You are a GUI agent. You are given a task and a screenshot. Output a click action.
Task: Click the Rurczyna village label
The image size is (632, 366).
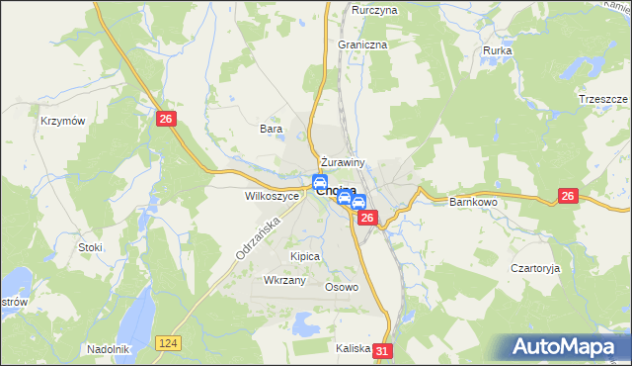pyautogui.click(x=374, y=10)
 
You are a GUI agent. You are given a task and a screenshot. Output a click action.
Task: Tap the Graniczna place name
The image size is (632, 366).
pyautogui.click(x=362, y=45)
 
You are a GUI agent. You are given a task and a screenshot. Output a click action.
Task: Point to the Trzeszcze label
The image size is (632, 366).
pyautogui.click(x=603, y=100)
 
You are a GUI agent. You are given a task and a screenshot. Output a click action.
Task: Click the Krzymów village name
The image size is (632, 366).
pyautogui.click(x=59, y=121)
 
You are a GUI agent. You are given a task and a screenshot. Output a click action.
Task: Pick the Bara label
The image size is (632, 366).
pyautogui.click(x=271, y=129)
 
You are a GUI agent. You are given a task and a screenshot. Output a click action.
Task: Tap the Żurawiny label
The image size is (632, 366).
pyautogui.click(x=343, y=162)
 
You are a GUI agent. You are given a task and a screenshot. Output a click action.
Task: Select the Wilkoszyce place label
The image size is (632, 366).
pyautogui.click(x=272, y=196)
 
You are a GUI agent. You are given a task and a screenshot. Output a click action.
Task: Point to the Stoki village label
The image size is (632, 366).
pyautogui.click(x=91, y=246)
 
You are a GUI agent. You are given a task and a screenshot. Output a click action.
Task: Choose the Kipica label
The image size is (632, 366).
pyautogui.click(x=305, y=256)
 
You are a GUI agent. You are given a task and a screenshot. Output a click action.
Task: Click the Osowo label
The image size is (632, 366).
pyautogui.click(x=342, y=287)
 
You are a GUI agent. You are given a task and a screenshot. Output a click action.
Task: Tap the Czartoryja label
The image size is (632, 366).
pyautogui.click(x=535, y=268)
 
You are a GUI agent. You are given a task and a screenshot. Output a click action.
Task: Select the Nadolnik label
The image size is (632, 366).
pyautogui.click(x=108, y=348)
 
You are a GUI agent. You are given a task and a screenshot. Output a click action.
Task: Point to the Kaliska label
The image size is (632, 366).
pyautogui.click(x=353, y=348)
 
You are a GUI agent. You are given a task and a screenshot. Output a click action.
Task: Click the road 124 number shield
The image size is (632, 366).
pyautogui.click(x=167, y=341)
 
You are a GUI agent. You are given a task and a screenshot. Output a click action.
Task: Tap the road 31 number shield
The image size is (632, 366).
pyautogui.click(x=384, y=350)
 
